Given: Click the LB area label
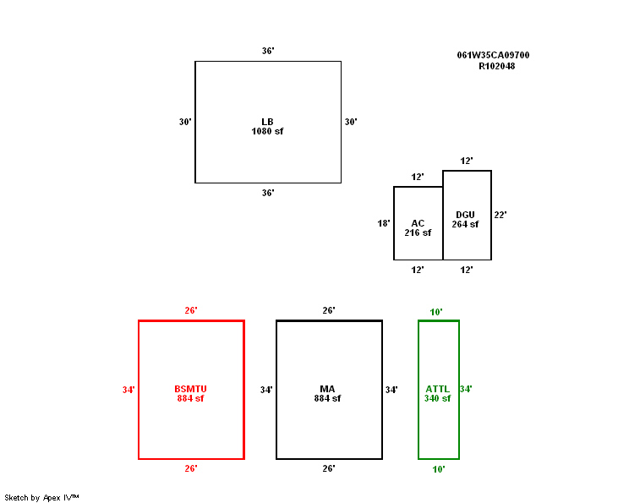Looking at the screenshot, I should [x=267, y=122].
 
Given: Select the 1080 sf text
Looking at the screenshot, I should [x=267, y=131].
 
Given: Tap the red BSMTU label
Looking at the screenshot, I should [x=190, y=389].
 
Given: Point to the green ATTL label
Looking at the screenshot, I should [x=437, y=389].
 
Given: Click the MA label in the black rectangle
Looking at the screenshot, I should [x=328, y=389].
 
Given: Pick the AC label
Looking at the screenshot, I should [x=418, y=223].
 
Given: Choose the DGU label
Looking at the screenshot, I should [x=465, y=215].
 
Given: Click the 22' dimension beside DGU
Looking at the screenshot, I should [x=500, y=215].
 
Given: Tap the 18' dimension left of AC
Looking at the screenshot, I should [x=384, y=223].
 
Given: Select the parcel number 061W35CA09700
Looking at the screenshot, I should [x=494, y=55].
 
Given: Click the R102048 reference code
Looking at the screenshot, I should [x=497, y=66].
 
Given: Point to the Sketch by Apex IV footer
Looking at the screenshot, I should [x=41, y=497].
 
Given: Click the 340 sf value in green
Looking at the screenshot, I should [x=437, y=398].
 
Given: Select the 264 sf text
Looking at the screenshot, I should [x=465, y=224].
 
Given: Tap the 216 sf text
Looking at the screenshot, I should [x=418, y=232].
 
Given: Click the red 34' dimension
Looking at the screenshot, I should [x=129, y=390].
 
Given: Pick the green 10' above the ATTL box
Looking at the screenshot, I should [x=436, y=312].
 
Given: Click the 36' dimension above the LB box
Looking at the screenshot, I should [x=267, y=51].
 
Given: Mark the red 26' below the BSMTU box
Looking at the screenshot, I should [x=191, y=468].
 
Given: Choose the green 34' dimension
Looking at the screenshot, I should [x=466, y=389].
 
